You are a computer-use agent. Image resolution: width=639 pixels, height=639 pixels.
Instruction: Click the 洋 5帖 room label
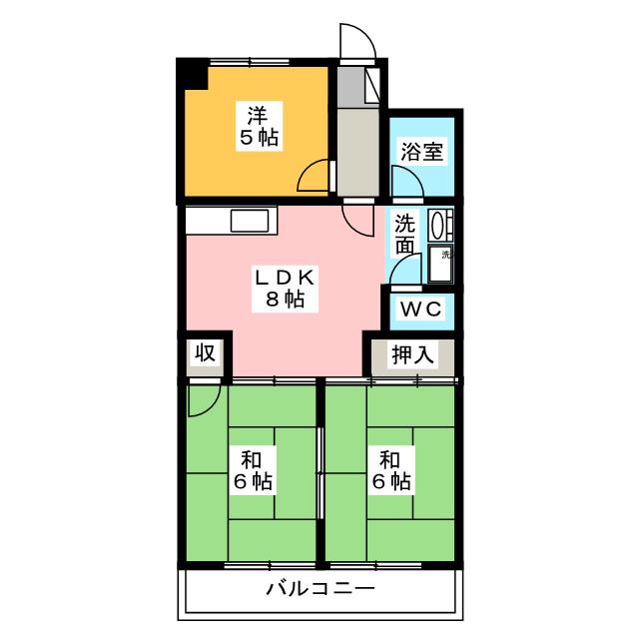pos(258,125)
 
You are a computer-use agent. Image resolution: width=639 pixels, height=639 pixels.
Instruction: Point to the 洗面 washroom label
pos(404,235)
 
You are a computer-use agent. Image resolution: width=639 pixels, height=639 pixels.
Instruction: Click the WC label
pos(420,309)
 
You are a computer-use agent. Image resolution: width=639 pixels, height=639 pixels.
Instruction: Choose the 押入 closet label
pos(410,354)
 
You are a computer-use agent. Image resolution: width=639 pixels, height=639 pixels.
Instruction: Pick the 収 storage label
pos(206,353)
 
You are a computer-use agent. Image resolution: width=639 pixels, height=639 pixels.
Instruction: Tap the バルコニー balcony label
pos(320,588)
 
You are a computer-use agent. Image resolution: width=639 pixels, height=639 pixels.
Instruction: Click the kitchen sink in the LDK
pos(249,221)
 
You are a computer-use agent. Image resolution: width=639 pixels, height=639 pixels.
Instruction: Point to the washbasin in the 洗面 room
pos(438,225)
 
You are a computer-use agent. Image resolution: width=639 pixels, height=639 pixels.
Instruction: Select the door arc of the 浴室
pos(404,181)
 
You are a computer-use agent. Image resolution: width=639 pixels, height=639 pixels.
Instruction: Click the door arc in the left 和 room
pos(202,399)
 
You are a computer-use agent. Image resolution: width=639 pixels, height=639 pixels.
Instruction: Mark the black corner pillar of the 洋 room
pos(193,75)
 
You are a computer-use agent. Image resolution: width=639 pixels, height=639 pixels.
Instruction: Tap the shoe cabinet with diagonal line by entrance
pos(373,85)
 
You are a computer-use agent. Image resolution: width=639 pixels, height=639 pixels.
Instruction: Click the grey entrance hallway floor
pos(356,150)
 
